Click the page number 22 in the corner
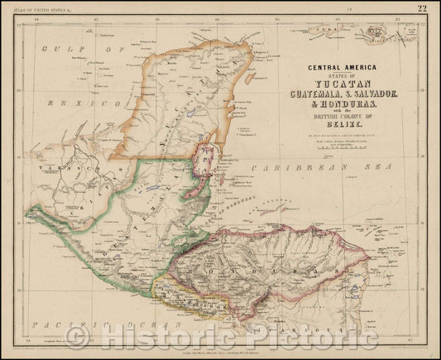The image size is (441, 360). (423, 9)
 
